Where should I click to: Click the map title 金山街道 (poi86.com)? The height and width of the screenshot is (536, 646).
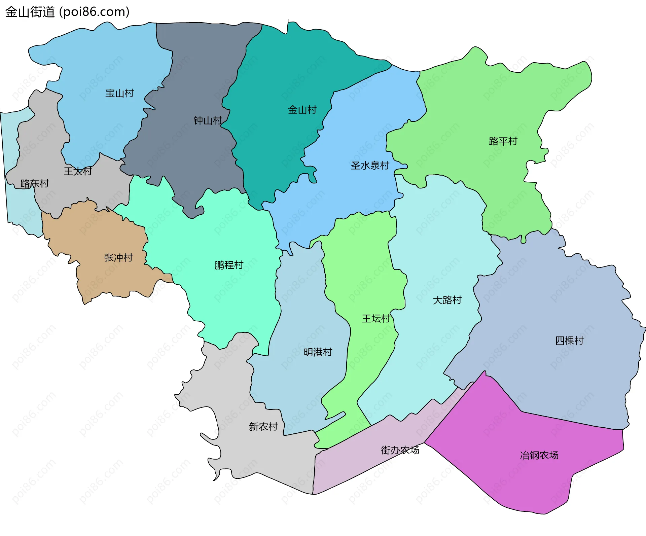point(67,12)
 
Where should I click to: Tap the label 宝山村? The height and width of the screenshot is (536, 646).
point(119,93)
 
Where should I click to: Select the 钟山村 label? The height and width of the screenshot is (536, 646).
point(208,120)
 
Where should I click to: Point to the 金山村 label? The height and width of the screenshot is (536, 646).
point(302,110)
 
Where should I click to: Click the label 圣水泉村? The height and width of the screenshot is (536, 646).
point(370,166)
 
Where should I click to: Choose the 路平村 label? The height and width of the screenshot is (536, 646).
point(503,141)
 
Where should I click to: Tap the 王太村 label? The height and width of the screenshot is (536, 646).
point(78,171)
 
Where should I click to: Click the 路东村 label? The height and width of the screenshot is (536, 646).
point(35,183)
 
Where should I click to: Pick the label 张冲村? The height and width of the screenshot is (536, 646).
point(118,258)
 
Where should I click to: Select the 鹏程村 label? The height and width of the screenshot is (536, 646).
point(229,265)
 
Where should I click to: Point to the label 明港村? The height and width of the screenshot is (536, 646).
point(318,352)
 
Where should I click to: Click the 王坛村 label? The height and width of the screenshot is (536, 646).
point(376,319)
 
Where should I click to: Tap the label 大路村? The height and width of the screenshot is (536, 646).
point(447,300)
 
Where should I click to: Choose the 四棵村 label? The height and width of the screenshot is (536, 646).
point(569,341)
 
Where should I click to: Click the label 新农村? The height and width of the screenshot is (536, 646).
point(263,427)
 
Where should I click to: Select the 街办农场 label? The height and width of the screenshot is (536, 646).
point(400,450)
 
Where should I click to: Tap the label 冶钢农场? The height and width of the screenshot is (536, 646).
point(539,456)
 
